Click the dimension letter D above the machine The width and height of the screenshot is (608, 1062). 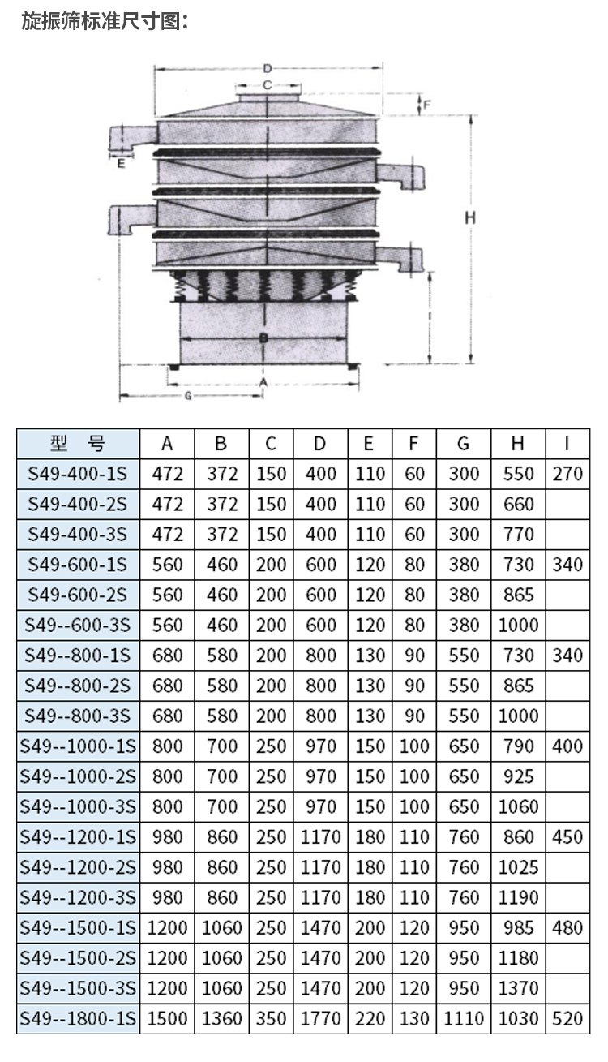click(268, 69)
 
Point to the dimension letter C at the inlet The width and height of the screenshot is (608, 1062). click(268, 85)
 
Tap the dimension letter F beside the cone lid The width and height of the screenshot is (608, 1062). click(426, 105)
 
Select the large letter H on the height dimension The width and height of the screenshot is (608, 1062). click(469, 217)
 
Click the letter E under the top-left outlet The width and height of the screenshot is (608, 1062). click(121, 164)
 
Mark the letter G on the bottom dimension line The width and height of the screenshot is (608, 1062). click(188, 395)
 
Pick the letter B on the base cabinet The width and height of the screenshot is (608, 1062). click(264, 338)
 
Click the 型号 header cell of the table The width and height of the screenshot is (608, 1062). click(78, 444)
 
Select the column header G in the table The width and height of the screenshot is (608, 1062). click(464, 444)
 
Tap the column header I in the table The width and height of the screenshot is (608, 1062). click(567, 444)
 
